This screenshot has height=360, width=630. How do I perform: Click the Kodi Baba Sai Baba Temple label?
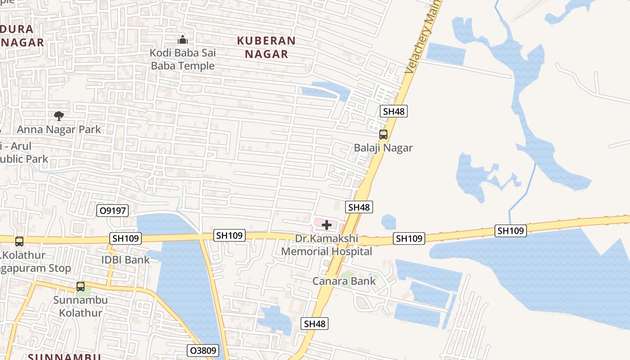coord(183,59)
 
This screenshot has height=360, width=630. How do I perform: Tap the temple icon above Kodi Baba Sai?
coord(182,40)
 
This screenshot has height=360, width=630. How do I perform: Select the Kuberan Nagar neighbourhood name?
coord(266,47)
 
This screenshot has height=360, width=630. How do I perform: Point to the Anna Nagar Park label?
coord(59,130)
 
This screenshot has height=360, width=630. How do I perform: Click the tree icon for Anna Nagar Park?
coord(58,116)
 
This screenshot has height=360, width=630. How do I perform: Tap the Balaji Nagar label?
coord(383,148)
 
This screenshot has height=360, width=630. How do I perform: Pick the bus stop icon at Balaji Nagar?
coord(383,134)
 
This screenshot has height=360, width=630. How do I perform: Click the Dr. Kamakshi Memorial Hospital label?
coord(327,245)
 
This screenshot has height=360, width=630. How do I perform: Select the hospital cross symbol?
coord(327,225)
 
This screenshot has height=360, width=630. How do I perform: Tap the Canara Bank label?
coord(344,281)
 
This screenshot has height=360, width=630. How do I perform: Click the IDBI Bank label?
coord(126,260)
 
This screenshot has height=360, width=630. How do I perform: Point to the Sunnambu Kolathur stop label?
coord(81,306)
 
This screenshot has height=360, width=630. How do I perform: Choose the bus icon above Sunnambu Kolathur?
coord(80,286)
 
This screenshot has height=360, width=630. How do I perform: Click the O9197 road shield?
coord(112,210)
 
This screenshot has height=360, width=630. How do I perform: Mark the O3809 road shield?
coord(202,351)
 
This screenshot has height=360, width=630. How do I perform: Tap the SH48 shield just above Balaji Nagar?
coord(393,111)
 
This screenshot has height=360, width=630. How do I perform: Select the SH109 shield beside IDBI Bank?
coord(126,238)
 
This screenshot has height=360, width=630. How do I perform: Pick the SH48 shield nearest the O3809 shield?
coord(315,324)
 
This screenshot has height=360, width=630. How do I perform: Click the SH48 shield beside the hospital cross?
coord(359,207)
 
